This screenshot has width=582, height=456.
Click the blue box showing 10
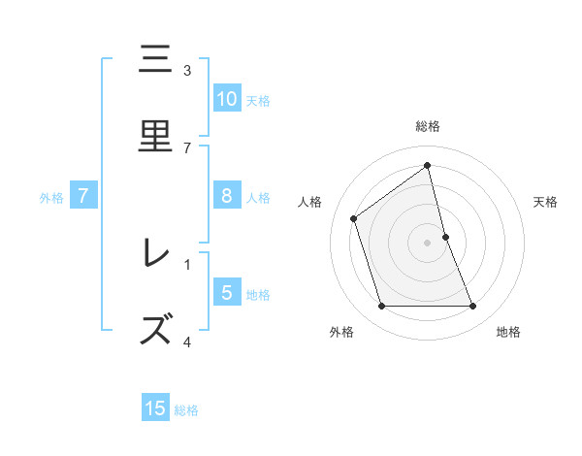226,99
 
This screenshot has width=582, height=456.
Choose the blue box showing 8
226,196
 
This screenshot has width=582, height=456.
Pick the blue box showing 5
226,293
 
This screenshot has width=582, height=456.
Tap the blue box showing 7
83,196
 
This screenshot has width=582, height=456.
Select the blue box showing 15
155,408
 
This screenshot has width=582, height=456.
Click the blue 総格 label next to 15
186,410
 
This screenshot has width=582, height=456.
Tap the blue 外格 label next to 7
51,198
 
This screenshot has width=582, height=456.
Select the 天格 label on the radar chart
545,202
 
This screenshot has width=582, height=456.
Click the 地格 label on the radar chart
508,332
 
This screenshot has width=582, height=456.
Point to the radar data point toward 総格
428,166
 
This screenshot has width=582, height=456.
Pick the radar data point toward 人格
354,218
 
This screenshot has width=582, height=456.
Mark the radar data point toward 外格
381,307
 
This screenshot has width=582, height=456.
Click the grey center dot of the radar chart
428,243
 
